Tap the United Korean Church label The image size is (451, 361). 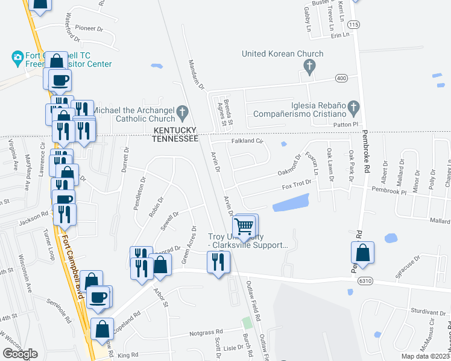click(x=282, y=54)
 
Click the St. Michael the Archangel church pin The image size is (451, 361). click(x=181, y=112)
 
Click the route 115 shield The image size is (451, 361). click(x=354, y=25)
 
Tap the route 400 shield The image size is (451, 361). click(x=341, y=78)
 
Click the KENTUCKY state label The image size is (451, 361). click(x=175, y=130)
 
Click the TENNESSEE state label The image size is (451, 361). click(x=175, y=138)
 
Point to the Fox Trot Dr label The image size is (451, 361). click(x=297, y=182)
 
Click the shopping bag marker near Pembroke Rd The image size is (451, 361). click(x=362, y=253)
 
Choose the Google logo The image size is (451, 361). click(x=20, y=354)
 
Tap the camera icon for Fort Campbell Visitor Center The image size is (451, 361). click(x=17, y=58)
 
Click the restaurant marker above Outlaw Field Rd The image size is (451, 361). click(x=218, y=262)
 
